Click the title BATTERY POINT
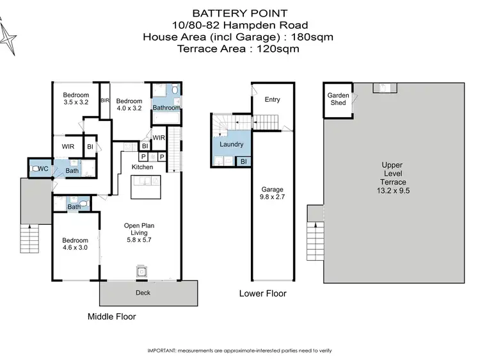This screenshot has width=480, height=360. coord(239,13)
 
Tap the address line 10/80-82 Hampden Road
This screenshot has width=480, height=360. coord(239,24)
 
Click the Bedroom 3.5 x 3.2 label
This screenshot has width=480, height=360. coord(76,97)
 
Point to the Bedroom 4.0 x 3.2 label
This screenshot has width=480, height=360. coord(129,104)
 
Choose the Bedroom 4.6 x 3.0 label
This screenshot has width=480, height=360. coord(75,243)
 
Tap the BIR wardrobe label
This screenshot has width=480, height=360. coord(104,101)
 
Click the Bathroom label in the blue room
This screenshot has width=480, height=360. coord(166,108)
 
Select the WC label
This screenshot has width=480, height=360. coord(44,169)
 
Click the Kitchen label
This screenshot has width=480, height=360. coord(142,167)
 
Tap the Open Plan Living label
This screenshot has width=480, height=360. coord(139,230)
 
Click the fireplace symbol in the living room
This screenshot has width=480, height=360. coord(141,272)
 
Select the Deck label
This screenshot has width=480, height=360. coord(143,293)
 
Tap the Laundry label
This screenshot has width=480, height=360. coord(231,145)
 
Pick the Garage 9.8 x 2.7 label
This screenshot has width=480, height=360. coord(272,194)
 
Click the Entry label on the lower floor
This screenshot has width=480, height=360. coord(272,99)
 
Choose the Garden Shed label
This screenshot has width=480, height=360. coord(338,99)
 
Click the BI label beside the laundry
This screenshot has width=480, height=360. coord(243,162)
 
